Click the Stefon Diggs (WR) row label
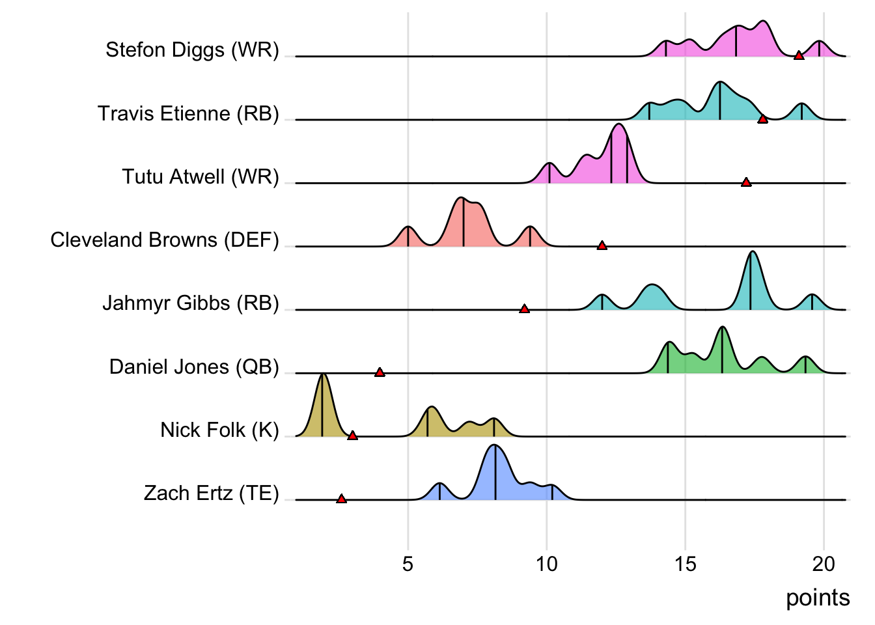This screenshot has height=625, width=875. pyautogui.click(x=192, y=50)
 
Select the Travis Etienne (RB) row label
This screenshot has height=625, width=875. pyautogui.click(x=188, y=114)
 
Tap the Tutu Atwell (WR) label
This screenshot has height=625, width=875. pyautogui.click(x=201, y=177)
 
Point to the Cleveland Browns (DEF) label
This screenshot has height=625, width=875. pyautogui.click(x=165, y=240)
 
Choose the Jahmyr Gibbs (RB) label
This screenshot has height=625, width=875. pyautogui.click(x=191, y=303)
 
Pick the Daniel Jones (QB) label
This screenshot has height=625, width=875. pyautogui.click(x=194, y=367)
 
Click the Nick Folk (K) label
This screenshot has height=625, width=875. pyautogui.click(x=219, y=430)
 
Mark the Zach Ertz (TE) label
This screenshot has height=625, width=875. pyautogui.click(x=211, y=493)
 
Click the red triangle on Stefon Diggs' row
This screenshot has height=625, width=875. pyautogui.click(x=799, y=55)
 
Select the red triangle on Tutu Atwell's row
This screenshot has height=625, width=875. pyautogui.click(x=746, y=182)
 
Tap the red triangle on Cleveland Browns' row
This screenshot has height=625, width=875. pyautogui.click(x=602, y=245)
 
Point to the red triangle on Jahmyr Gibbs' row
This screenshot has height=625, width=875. pyautogui.click(x=524, y=309)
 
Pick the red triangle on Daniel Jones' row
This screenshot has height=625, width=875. pyautogui.click(x=380, y=372)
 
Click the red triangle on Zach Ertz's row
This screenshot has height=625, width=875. pyautogui.click(x=341, y=499)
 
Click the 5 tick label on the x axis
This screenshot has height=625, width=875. pyautogui.click(x=408, y=564)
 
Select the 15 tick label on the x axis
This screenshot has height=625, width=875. pyautogui.click(x=685, y=564)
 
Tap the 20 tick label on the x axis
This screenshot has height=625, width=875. pyautogui.click(x=824, y=564)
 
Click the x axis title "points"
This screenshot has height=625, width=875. pyautogui.click(x=817, y=598)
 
